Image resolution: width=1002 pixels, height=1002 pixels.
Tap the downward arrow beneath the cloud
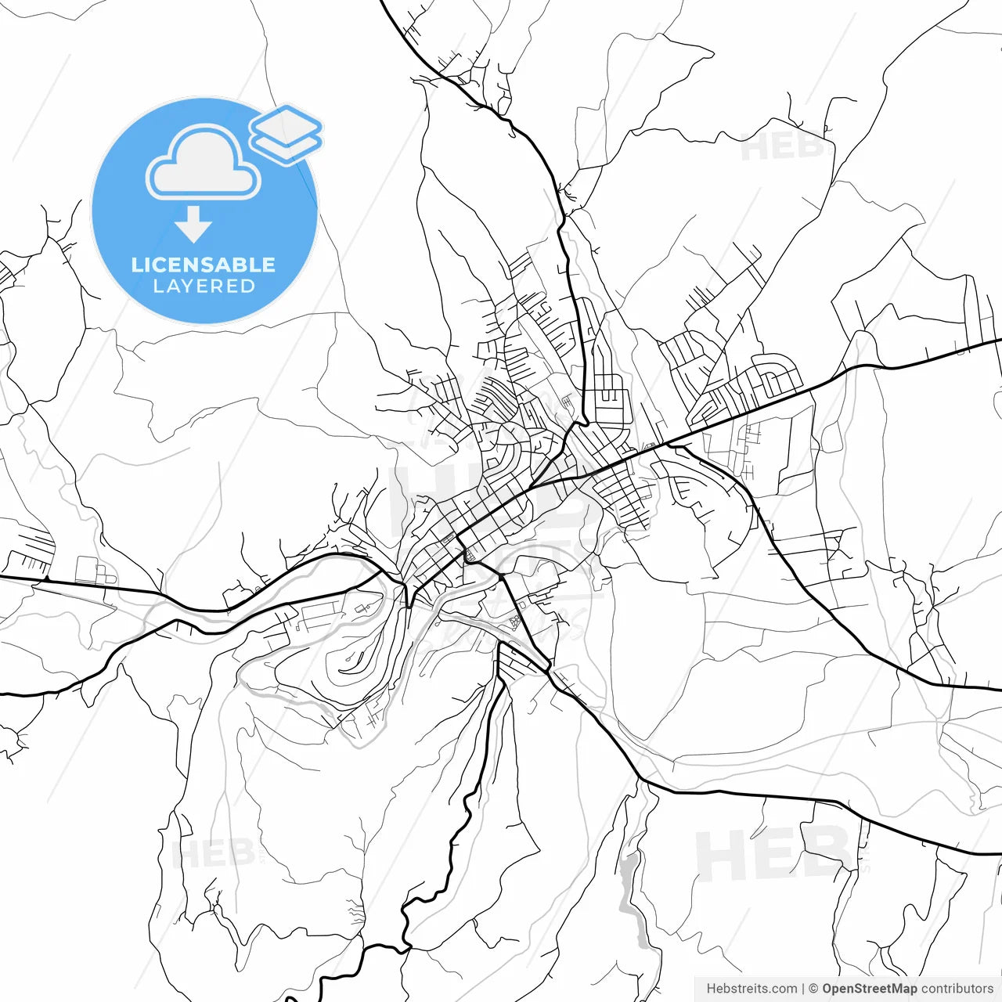point(193,224)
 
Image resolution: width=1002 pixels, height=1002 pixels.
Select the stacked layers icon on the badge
point(286,134)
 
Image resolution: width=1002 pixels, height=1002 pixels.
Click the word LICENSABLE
point(204,265)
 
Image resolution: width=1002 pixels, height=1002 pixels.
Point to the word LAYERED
point(204,287)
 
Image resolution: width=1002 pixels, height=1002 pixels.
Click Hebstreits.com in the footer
point(751,989)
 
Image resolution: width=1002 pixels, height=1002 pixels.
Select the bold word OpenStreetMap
point(870,989)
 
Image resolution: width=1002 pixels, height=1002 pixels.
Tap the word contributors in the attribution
point(957,989)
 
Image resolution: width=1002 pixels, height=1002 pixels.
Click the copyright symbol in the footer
point(813,989)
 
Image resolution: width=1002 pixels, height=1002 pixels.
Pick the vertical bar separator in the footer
point(804,989)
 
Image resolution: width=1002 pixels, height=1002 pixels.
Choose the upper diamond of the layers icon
point(286,124)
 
